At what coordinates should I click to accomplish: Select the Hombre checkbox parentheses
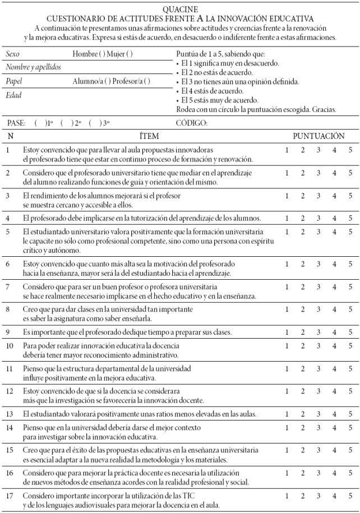[103, 54]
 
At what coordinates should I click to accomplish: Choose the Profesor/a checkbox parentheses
[147, 81]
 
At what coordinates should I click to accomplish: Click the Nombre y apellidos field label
[33, 67]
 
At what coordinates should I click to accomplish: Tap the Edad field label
[13, 95]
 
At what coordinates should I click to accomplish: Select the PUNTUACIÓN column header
[319, 136]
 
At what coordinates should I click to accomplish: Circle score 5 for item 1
[350, 150]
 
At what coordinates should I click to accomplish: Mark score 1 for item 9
[287, 332]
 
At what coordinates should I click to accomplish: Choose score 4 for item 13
[334, 414]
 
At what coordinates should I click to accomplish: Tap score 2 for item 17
[302, 496]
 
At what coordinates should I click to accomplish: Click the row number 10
[10, 346]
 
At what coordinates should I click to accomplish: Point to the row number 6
[8, 264]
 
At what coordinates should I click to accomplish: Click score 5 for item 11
[350, 368]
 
